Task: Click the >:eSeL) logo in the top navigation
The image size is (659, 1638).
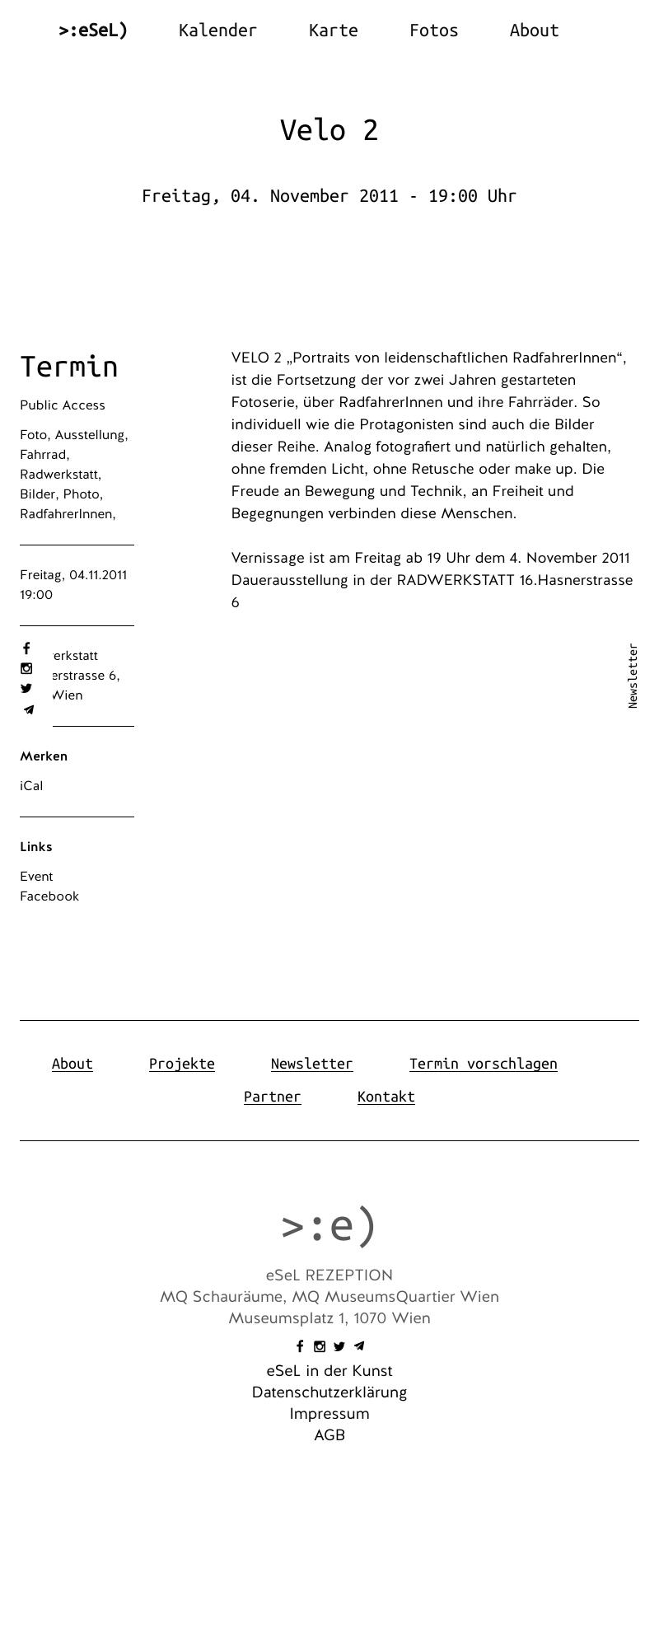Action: click(93, 30)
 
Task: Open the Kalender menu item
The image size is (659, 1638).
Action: click(217, 30)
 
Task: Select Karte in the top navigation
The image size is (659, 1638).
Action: click(333, 30)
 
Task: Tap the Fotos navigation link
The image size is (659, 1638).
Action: click(433, 30)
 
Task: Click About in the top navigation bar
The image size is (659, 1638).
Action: click(534, 30)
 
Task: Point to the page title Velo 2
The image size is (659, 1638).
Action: click(329, 130)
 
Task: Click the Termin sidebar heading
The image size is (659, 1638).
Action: click(69, 367)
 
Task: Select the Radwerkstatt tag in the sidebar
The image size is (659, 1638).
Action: click(59, 475)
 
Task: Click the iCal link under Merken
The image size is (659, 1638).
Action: click(31, 786)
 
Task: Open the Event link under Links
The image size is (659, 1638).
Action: click(36, 877)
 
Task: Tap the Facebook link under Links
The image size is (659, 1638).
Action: click(49, 896)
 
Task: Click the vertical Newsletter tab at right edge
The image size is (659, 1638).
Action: click(633, 676)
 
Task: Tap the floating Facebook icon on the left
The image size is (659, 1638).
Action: click(26, 648)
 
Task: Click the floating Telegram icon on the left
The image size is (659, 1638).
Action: click(28, 709)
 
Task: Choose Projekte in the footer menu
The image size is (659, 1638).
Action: click(181, 1064)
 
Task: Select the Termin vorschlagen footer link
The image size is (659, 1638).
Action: click(483, 1064)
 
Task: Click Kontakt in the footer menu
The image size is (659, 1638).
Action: click(386, 1097)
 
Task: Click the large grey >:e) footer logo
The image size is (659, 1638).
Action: click(329, 1225)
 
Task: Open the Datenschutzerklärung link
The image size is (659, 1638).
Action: click(329, 1392)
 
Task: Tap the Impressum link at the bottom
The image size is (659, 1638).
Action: click(329, 1414)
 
